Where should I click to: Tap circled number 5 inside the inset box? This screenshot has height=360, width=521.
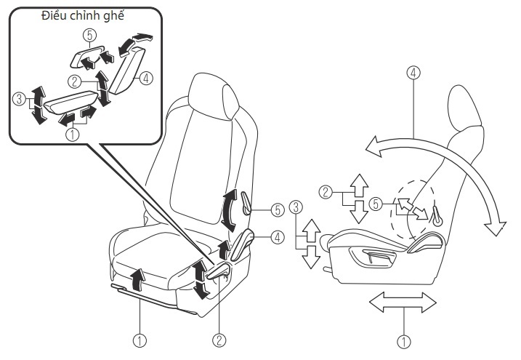(90, 35)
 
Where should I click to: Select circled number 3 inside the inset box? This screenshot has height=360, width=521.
(19, 99)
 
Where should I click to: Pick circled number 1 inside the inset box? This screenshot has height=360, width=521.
(73, 135)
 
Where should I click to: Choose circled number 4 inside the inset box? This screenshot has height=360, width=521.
(146, 79)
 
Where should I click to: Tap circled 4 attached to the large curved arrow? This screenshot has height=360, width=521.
(413, 73)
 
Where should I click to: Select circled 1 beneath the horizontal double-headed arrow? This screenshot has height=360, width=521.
(404, 342)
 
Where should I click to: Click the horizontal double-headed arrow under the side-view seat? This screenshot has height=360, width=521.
(403, 302)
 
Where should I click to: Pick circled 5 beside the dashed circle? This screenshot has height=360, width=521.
(376, 204)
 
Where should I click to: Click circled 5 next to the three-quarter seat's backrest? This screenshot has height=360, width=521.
(278, 210)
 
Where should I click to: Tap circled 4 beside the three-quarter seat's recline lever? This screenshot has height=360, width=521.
(278, 237)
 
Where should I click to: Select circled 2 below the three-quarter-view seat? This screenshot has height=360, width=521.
(219, 340)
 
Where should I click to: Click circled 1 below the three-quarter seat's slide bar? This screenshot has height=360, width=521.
(140, 340)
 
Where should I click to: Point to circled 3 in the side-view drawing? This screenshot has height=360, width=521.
(296, 207)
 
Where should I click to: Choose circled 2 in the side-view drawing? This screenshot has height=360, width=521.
(326, 192)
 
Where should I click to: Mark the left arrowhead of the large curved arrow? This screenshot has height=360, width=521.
(373, 147)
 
